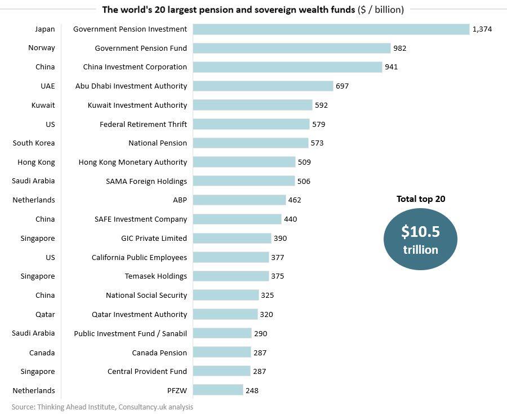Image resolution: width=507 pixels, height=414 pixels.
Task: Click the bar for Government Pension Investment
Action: pyautogui.click(x=331, y=29)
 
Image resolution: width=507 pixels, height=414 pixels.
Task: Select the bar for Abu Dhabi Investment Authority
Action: pyautogui.click(x=263, y=86)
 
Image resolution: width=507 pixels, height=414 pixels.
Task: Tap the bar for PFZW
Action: pyautogui.click(x=218, y=390)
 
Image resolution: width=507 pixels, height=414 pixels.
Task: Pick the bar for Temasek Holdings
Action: pyautogui.click(x=231, y=276)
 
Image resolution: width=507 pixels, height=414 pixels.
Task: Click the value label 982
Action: pyautogui.click(x=400, y=49)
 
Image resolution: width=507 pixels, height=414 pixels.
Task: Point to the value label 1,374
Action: pyautogui.click(x=482, y=29)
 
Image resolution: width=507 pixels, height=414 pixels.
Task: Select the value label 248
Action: pyautogui.click(x=252, y=390)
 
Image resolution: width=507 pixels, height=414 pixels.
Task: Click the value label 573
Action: pyautogui.click(x=317, y=143)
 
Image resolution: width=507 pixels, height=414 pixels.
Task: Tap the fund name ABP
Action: pyautogui.click(x=180, y=200)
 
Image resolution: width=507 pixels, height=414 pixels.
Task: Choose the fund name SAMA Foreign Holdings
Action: pyautogui.click(x=146, y=181)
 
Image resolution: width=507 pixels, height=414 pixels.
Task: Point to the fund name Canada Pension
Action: pyautogui.click(x=159, y=353)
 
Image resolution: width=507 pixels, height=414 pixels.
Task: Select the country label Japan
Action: pyautogui.click(x=45, y=29)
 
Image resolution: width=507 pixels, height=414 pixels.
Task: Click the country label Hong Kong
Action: pyautogui.click(x=37, y=162)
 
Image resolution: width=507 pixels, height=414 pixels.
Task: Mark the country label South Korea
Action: pyautogui.click(x=34, y=143)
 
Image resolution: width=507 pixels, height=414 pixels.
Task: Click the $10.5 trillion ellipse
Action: pyautogui.click(x=420, y=239)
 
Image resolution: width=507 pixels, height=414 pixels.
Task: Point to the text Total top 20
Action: pyautogui.click(x=421, y=199)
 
